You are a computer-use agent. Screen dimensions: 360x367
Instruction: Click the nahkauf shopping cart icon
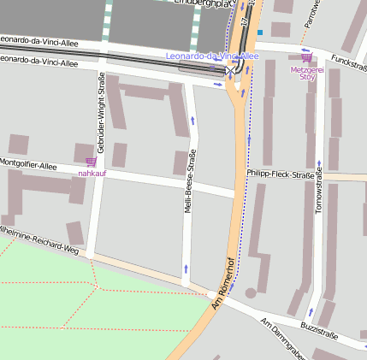tap(91, 161)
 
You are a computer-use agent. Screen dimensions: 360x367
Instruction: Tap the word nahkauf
tap(92, 173)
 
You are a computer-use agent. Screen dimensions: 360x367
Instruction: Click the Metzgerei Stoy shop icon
tap(305, 59)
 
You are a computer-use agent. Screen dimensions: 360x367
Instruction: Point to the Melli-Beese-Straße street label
tap(191, 181)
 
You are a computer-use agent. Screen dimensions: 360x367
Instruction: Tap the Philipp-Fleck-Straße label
tap(280, 174)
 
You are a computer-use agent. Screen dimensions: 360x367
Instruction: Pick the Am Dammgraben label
tap(283, 338)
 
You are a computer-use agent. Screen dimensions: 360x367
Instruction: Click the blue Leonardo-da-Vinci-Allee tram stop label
tap(211, 56)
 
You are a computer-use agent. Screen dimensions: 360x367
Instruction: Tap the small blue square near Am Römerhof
tap(259, 32)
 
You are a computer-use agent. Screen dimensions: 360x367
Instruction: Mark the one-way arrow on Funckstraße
tap(306, 50)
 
